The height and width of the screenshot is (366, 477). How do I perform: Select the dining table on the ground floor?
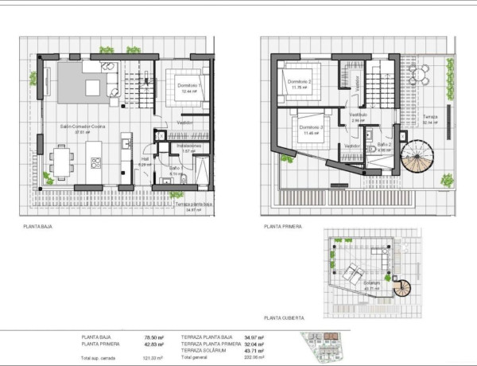click(61, 161)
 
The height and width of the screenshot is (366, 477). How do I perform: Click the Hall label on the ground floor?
click(144, 159)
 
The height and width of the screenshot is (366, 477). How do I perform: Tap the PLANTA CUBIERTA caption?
click(285, 316)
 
